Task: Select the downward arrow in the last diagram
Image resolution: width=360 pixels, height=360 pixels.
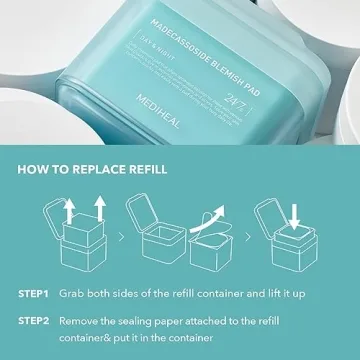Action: coord(296,213)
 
